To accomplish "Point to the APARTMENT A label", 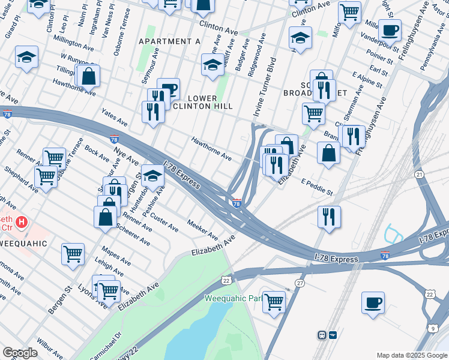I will click(x=169, y=41).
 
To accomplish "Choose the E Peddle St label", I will click(x=317, y=187).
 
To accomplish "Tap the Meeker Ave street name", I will click(x=202, y=228).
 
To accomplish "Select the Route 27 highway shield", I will click(x=300, y=283).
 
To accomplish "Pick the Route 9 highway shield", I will click(x=433, y=328).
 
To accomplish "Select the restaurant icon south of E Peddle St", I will click(x=329, y=217).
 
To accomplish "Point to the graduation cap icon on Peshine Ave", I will click(x=152, y=176).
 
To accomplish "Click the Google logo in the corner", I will click(x=20, y=353).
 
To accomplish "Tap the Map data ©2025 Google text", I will click(x=411, y=355).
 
